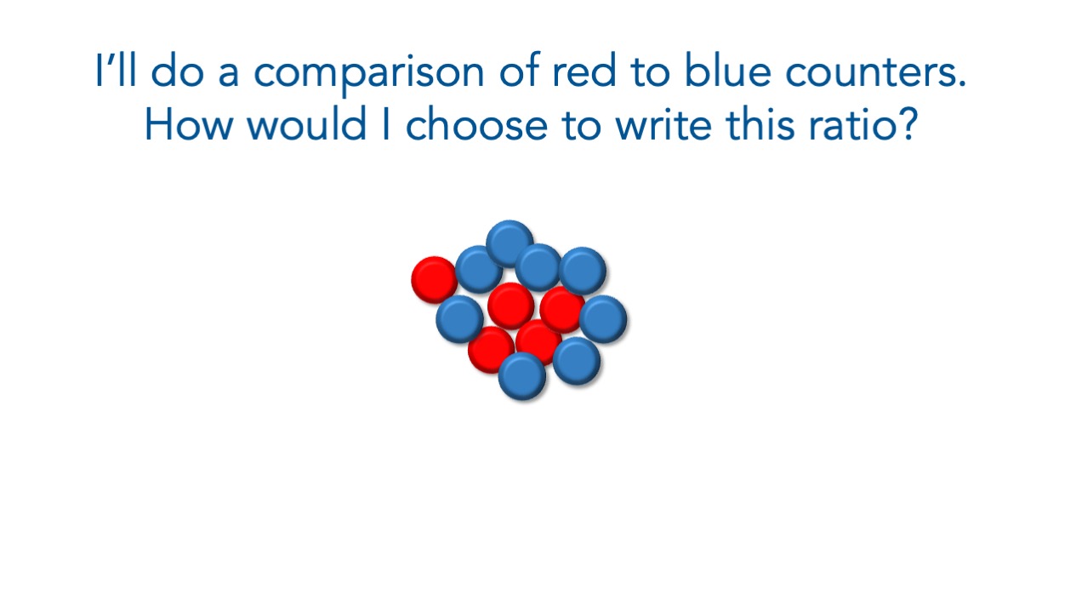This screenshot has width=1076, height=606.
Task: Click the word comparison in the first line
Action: point(368,73)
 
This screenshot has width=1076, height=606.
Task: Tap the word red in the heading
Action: point(584,71)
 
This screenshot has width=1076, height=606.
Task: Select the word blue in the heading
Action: point(728,70)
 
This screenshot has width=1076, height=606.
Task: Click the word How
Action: point(189,124)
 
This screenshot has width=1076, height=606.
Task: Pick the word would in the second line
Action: point(307,123)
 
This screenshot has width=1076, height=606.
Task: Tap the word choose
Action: point(476,123)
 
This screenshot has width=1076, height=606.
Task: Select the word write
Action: point(663,124)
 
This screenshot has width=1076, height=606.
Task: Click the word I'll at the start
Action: point(116,70)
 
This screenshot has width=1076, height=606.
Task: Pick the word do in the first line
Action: point(177,71)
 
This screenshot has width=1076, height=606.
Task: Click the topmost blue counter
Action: point(510,243)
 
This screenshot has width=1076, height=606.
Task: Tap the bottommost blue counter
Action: point(522,376)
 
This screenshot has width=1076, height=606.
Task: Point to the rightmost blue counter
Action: point(603,319)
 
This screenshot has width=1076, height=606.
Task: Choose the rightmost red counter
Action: point(562,310)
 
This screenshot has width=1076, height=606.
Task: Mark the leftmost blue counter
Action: point(459,319)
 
